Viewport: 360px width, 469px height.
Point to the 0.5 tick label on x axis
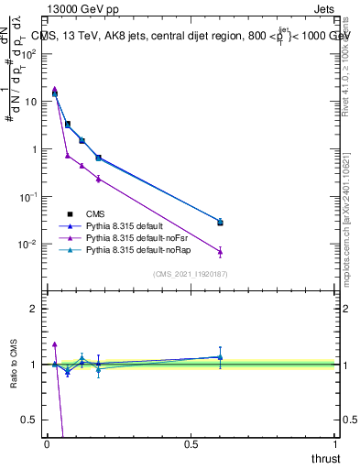point(191,444)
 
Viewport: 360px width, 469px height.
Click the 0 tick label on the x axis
point(47,444)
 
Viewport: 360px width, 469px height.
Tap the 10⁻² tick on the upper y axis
point(28,245)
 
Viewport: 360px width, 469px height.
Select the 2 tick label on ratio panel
point(35,309)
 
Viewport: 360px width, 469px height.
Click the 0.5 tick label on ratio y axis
point(31,420)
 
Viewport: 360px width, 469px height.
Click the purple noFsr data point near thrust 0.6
point(220,251)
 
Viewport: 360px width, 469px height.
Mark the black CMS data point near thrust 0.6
point(220,223)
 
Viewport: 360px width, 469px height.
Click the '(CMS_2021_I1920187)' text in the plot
point(190,274)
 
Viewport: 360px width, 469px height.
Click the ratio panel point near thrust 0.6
point(220,357)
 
